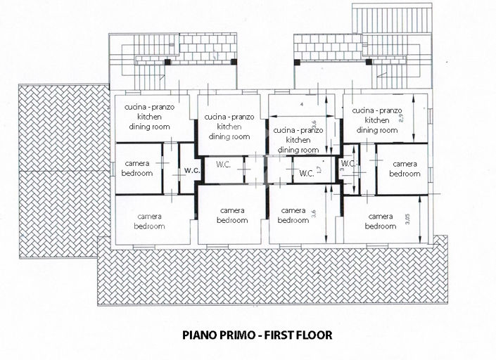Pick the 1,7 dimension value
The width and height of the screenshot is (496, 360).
[x=319, y=170]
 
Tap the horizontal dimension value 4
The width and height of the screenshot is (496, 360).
[x=301, y=105]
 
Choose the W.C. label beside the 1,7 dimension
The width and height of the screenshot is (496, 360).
[x=306, y=174]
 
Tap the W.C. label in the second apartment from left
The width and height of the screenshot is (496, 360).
[x=224, y=165]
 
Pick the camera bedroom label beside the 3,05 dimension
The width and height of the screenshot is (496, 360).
[x=381, y=221]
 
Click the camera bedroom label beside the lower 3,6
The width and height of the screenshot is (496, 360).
[x=293, y=215]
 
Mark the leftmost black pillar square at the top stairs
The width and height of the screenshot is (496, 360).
[x=168, y=63]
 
